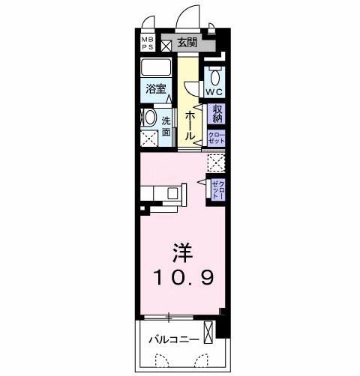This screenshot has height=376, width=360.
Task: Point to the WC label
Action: click(214, 92)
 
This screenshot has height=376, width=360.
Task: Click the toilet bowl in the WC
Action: click(214, 76)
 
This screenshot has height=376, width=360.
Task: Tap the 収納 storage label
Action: click(217, 114)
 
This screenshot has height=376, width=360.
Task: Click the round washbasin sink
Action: click(148, 118)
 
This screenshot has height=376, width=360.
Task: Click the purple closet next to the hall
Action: click(216, 137)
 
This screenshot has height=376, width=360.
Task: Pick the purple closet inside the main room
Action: click(217, 188)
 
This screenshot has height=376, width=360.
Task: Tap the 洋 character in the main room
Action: click(181, 251)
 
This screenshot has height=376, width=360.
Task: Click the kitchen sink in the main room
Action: click(174, 193)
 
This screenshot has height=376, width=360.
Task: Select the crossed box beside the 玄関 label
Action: click(166, 43)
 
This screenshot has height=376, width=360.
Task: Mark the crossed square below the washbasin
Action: click(148, 138)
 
